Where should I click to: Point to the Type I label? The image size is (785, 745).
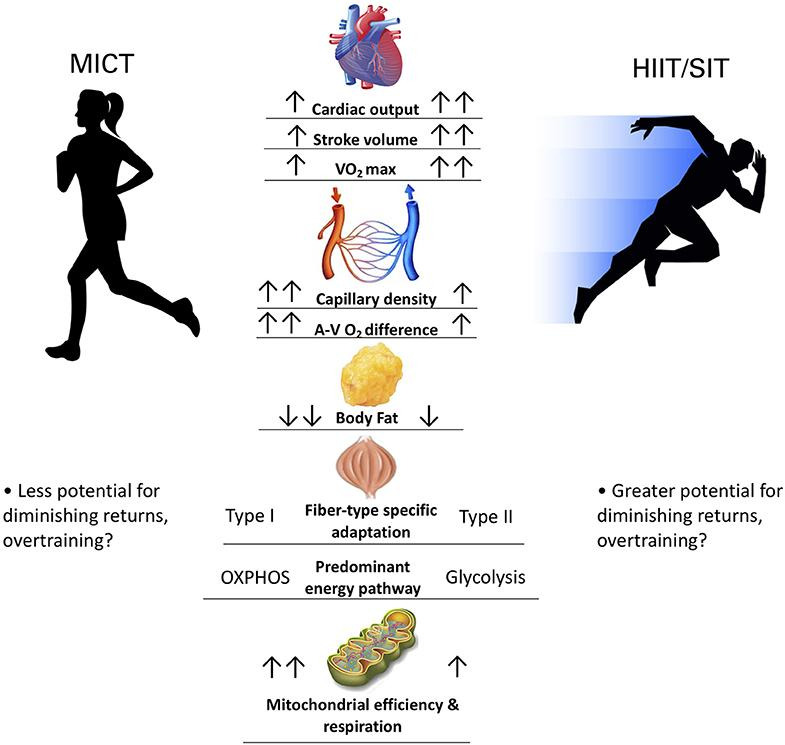250,517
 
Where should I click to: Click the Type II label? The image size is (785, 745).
485,517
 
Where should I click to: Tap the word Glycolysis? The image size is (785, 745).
484,577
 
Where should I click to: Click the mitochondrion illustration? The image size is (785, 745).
374,655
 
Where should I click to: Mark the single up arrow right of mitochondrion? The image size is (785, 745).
459,662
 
